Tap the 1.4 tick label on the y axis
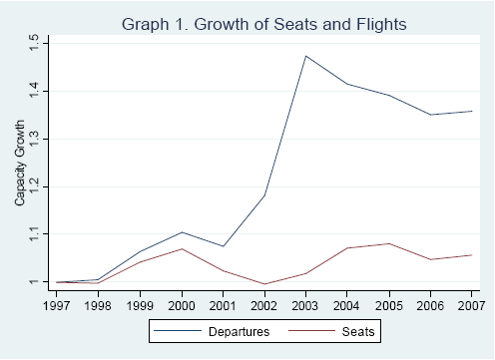coord(34,91)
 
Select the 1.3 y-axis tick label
coord(34,139)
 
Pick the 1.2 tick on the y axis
coord(34,186)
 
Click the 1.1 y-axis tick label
coord(34,233)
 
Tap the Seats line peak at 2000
coord(181,248)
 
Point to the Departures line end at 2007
coord(471,111)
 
